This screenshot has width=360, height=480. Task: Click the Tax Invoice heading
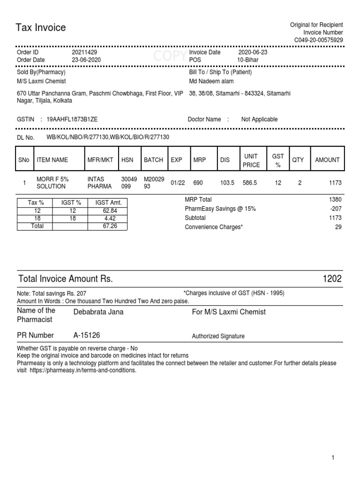pyautogui.click(x=41, y=28)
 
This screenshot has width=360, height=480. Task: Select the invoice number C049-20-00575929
pyautogui.click(x=318, y=40)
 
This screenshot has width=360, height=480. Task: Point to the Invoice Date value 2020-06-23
pyautogui.click(x=253, y=52)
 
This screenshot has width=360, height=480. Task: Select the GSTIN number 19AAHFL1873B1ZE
pyautogui.click(x=72, y=120)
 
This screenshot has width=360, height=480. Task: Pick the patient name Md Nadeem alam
pyautogui.click(x=211, y=81)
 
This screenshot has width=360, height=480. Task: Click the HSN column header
pyautogui.click(x=127, y=160)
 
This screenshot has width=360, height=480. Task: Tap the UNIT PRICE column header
pyautogui.click(x=251, y=160)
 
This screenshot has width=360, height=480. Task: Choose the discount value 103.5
pyautogui.click(x=227, y=183)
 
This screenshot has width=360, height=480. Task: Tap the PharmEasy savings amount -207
pyautogui.click(x=336, y=209)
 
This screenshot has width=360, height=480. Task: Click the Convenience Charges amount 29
pyautogui.click(x=338, y=227)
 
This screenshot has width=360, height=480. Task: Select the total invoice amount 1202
pyautogui.click(x=332, y=279)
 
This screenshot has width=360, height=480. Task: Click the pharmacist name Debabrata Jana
pyautogui.click(x=98, y=312)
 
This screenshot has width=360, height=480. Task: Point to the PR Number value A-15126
pyautogui.click(x=87, y=335)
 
